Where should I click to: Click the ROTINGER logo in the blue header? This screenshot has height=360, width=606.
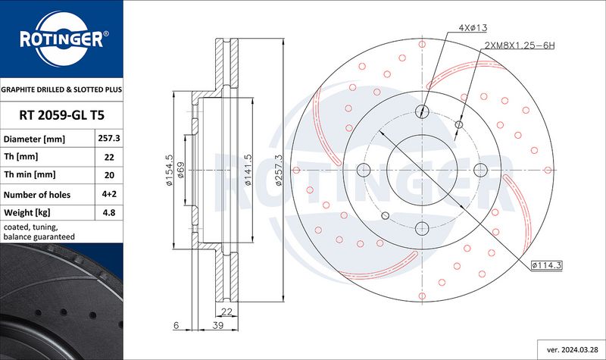62,39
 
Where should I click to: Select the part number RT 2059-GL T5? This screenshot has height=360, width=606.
62,115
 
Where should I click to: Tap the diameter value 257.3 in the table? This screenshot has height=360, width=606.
109,138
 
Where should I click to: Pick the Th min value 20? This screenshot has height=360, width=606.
109,175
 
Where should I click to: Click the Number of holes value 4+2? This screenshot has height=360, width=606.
109,194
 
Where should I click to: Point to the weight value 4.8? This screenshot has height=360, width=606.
109,212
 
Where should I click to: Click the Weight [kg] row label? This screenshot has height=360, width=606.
27,213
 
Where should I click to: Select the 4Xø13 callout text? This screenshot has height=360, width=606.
473,28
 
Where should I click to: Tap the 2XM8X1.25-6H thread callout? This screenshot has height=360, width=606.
520,45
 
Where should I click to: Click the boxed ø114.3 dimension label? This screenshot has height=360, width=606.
546,265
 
